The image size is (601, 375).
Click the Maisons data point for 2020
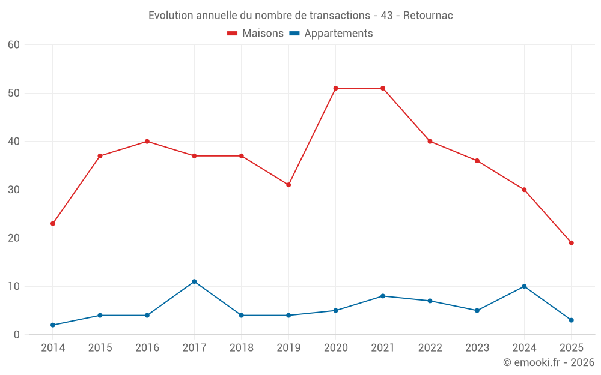[x=336, y=88]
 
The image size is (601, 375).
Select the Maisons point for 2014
[x=53, y=223]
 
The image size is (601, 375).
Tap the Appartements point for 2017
[x=194, y=281]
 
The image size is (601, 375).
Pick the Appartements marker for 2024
[x=524, y=286]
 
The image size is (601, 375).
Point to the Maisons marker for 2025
[x=572, y=243]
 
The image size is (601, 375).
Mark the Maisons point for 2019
[x=288, y=185]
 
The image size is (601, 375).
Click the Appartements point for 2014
[x=53, y=325]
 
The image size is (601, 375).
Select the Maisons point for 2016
[x=147, y=142]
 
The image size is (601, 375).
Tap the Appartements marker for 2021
[x=383, y=296]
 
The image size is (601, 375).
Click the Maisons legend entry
[x=255, y=34]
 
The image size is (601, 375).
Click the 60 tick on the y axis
[x=14, y=45]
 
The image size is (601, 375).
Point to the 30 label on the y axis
[x=14, y=190]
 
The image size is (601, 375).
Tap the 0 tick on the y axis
[x=17, y=335]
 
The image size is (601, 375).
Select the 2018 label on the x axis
[x=242, y=348]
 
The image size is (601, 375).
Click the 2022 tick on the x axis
[x=430, y=348]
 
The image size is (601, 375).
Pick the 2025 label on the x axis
[x=572, y=348]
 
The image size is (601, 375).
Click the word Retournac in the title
[x=428, y=16]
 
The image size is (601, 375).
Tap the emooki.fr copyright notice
[x=548, y=362]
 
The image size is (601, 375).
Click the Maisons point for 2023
[x=477, y=161]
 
